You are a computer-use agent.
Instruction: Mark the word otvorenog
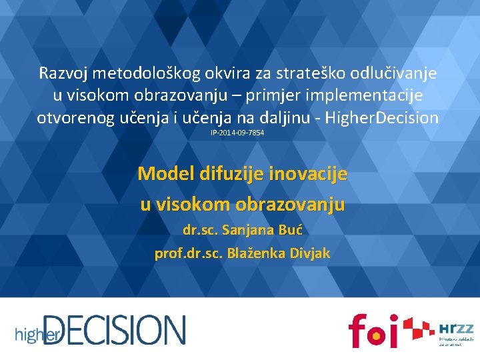[73, 119]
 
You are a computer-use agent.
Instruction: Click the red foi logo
[373, 329]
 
